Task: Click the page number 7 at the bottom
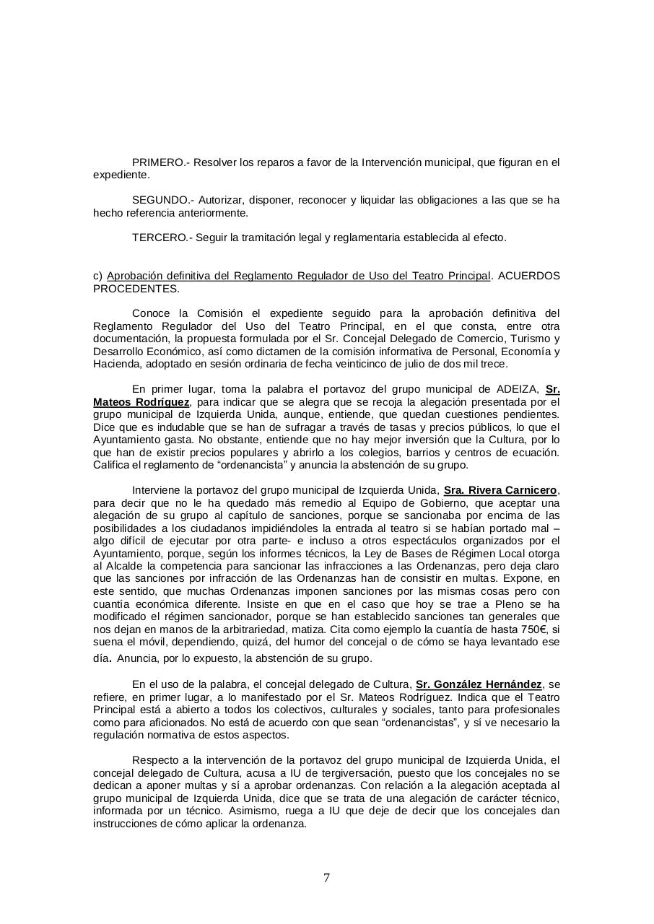[327, 878]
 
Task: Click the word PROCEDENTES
[135, 289]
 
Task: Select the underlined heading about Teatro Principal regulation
[298, 276]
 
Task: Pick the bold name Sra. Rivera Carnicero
[500, 490]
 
